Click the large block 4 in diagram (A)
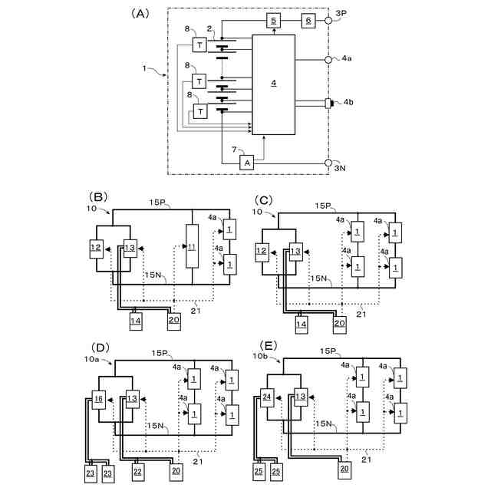[x=272, y=87]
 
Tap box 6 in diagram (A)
[x=308, y=20]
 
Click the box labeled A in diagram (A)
[x=247, y=163]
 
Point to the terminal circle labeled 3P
[x=328, y=20]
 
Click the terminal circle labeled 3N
[x=328, y=163]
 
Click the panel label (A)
[x=140, y=13]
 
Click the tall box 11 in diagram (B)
[x=192, y=246]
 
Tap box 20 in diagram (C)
[x=341, y=324]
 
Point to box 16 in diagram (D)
[x=98, y=398]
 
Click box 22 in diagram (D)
[x=139, y=470]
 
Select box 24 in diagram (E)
[x=267, y=397]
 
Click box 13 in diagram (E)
[x=300, y=397]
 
